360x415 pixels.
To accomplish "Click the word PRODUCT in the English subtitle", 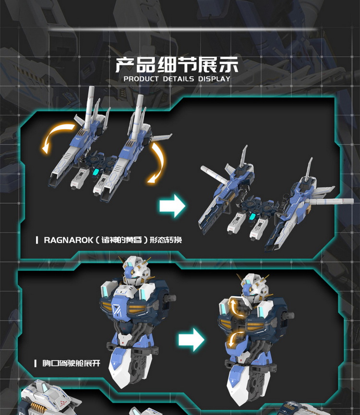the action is click(x=141, y=79).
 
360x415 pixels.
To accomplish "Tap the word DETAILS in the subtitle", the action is click(x=178, y=79).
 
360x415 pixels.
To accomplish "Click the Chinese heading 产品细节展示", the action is click(x=177, y=64).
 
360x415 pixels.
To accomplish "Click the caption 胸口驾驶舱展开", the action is click(x=71, y=363).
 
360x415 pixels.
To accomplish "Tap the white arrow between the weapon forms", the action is click(x=172, y=206).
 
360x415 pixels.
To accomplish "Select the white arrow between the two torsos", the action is click(x=191, y=340).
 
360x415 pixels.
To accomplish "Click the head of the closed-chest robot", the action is click(x=136, y=270).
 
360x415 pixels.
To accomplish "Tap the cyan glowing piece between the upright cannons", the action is click(x=95, y=172).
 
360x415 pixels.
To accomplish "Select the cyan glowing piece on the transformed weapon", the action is click(x=252, y=217).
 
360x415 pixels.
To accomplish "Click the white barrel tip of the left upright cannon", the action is click(x=91, y=89).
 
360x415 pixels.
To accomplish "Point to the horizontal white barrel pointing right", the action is click(x=331, y=202).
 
